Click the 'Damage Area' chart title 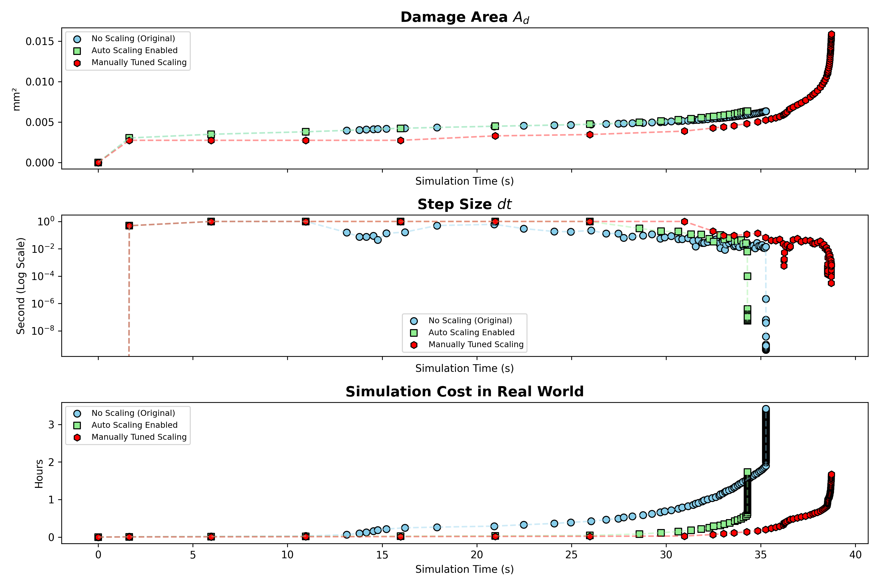coord(464,17)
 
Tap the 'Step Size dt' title coord(464,204)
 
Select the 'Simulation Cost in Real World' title coord(464,392)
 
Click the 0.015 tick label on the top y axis coord(40,41)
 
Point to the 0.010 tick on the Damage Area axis coord(40,82)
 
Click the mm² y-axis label coord(16,99)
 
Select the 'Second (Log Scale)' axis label coord(21,286)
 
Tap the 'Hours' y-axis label coord(39,474)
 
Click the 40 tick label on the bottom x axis coord(855,555)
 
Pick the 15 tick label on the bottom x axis coord(382,555)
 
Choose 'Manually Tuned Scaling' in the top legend coord(139,62)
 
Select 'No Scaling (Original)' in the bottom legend coord(134,413)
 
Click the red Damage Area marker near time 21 coord(495,136)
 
